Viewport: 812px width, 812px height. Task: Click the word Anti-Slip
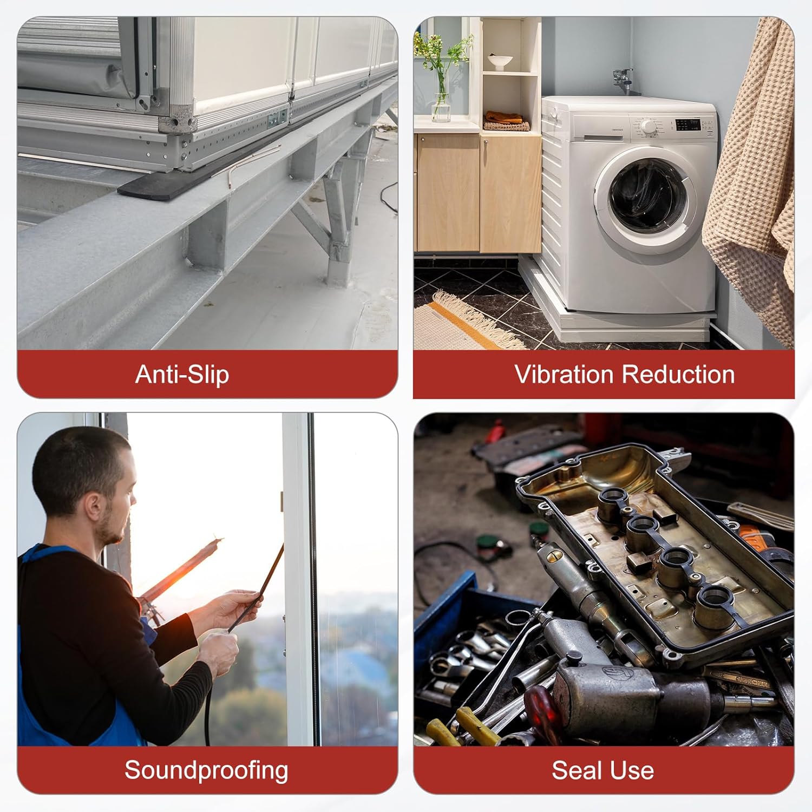coord(182,375)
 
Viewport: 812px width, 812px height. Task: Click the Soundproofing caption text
coord(206,771)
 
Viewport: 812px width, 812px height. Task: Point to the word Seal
coord(576,770)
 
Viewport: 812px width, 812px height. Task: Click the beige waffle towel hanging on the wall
coord(750,184)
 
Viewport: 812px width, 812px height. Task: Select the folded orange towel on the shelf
coord(503,116)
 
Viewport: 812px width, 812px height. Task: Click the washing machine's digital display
coord(689,125)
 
